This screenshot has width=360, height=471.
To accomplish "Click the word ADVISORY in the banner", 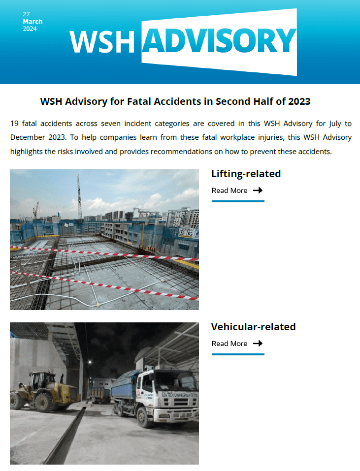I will (219, 41).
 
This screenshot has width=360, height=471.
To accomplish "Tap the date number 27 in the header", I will (26, 14).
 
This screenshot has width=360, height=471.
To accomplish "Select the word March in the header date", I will (33, 22).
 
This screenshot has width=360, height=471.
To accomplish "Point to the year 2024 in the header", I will (30, 29).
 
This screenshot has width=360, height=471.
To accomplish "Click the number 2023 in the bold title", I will (298, 102).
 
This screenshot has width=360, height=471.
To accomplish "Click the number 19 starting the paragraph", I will (14, 123).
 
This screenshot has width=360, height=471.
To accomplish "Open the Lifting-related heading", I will (246, 174).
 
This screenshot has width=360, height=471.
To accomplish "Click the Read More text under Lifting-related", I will (229, 190).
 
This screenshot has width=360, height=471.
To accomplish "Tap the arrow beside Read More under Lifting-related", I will (258, 190).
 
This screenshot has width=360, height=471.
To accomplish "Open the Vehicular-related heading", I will (253, 327).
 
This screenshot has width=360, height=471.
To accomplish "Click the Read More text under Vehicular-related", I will (229, 344).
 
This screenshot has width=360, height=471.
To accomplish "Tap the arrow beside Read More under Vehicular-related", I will (258, 344).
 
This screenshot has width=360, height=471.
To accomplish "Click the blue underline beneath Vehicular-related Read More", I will (238, 354).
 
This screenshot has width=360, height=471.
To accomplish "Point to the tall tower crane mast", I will (79, 197).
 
